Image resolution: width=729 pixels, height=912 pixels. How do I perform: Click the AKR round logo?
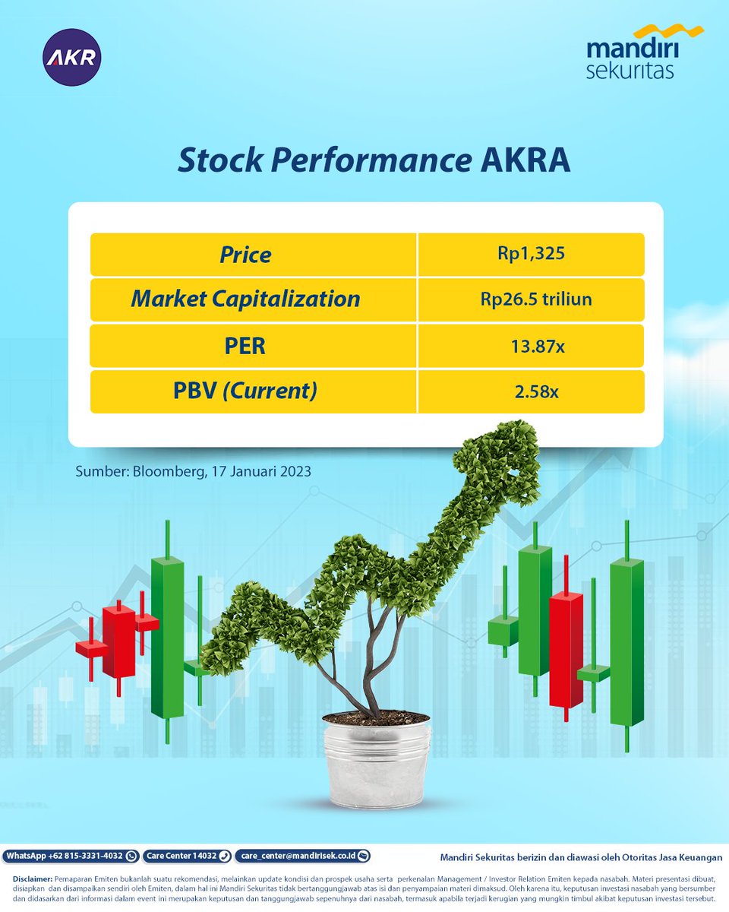coord(72,57)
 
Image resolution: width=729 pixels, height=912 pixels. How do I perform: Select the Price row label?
coord(245,255)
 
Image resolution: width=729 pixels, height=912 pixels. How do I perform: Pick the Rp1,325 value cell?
coord(532,254)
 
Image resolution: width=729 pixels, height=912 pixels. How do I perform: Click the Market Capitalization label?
coord(245,299)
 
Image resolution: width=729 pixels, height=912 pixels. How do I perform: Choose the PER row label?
coord(245,346)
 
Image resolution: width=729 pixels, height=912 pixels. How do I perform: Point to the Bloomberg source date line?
coord(193,471)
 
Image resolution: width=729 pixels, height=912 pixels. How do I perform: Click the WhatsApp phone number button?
coord(71,856)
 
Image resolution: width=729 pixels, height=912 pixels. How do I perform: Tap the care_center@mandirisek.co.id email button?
coord(302,856)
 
